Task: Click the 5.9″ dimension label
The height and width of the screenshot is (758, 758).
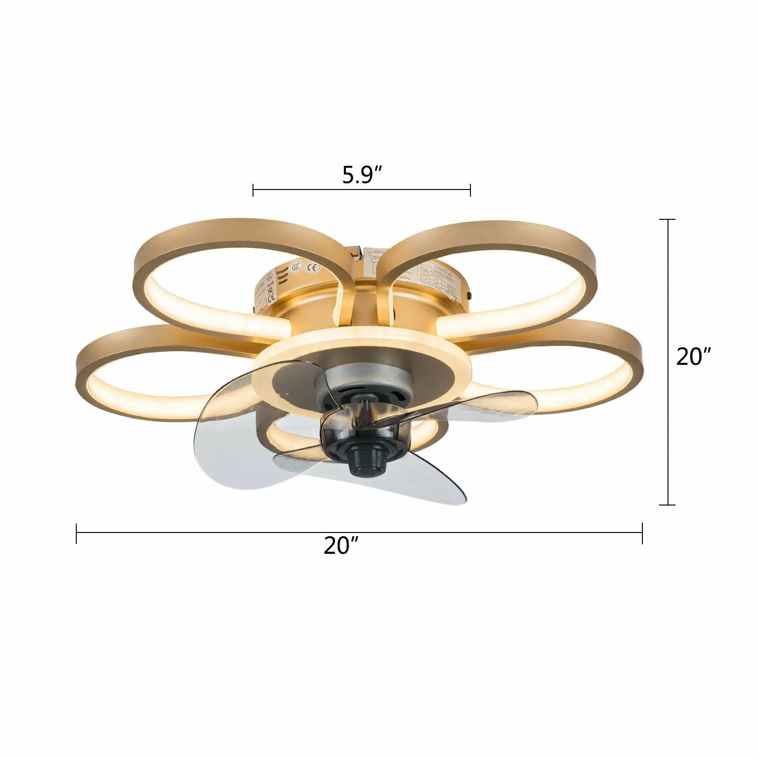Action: pyautogui.click(x=361, y=175)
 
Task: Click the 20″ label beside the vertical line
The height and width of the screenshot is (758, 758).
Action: pyautogui.click(x=694, y=357)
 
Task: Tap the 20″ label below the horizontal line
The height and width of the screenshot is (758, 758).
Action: pyautogui.click(x=341, y=546)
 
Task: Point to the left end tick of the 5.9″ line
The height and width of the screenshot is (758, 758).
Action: pyautogui.click(x=253, y=190)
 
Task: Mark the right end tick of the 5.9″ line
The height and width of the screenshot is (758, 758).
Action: pyautogui.click(x=470, y=190)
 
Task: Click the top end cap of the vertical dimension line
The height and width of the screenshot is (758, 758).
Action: pyautogui.click(x=668, y=220)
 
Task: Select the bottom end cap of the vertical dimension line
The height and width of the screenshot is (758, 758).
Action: pyautogui.click(x=668, y=505)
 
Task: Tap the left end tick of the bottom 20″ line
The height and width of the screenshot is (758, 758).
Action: pyautogui.click(x=77, y=533)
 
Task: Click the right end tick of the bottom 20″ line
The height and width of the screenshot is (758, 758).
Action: pyautogui.click(x=642, y=533)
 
